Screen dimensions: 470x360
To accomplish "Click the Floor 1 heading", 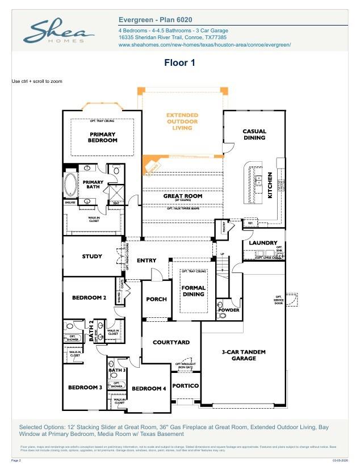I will pos(179,62).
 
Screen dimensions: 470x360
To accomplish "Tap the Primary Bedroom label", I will pos(102,137).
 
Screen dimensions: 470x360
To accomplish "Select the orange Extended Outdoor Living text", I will pos(182,121).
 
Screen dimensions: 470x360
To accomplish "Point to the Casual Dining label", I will pos(254,135).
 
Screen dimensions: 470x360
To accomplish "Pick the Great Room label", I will pos(183,196).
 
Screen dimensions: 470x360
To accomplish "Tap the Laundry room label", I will pos(263,243).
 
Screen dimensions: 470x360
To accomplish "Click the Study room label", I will pos(92,257).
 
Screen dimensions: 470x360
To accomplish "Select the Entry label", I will pos(146,261).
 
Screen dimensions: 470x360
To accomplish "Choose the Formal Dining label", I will pos(193,291).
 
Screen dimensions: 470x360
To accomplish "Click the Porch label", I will pos(157,299).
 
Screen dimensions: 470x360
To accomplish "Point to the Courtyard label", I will pos(171,342).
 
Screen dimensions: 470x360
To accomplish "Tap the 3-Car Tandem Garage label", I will pos(243,355).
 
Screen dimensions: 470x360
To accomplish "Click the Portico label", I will pos(185,386).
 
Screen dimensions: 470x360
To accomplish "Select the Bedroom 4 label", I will pos(149,388).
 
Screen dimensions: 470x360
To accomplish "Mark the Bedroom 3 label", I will pos(85,387).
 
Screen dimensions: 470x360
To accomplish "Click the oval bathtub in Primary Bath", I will pos(72,184).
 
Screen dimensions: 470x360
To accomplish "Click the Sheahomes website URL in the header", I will pos(204,44).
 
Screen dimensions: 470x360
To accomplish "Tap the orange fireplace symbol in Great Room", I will pos(150,166).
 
